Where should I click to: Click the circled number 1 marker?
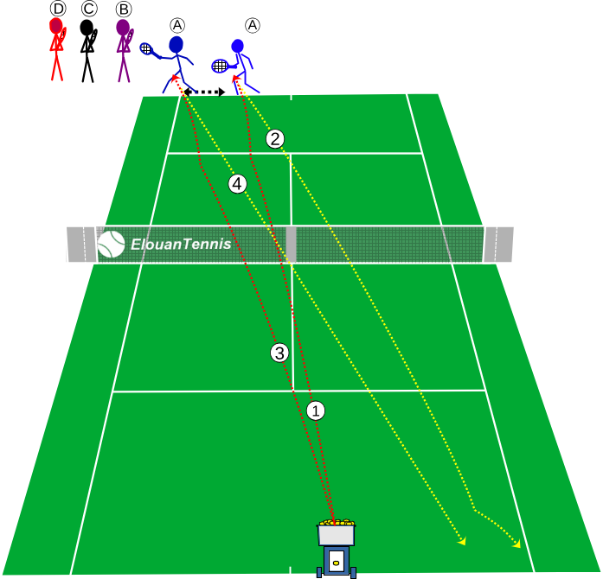[316, 411]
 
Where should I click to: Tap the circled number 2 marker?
[275, 139]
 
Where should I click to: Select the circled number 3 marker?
[279, 353]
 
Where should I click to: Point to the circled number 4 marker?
[237, 184]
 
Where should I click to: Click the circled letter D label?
[58, 9]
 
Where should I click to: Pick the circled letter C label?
[89, 9]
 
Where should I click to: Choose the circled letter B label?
[124, 9]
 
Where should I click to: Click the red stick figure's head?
[55, 26]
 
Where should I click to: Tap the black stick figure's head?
[87, 28]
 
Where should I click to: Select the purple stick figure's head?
[123, 28]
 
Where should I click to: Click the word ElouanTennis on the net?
[181, 245]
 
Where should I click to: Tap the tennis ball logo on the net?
[111, 244]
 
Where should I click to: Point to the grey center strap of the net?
[291, 245]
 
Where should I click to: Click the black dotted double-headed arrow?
[204, 92]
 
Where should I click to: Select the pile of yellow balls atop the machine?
[337, 523]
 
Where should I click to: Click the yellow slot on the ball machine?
[337, 563]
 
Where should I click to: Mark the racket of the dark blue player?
[149, 50]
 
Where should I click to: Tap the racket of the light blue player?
[221, 66]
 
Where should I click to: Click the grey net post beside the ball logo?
[81, 245]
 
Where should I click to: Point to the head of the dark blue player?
[176, 45]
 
